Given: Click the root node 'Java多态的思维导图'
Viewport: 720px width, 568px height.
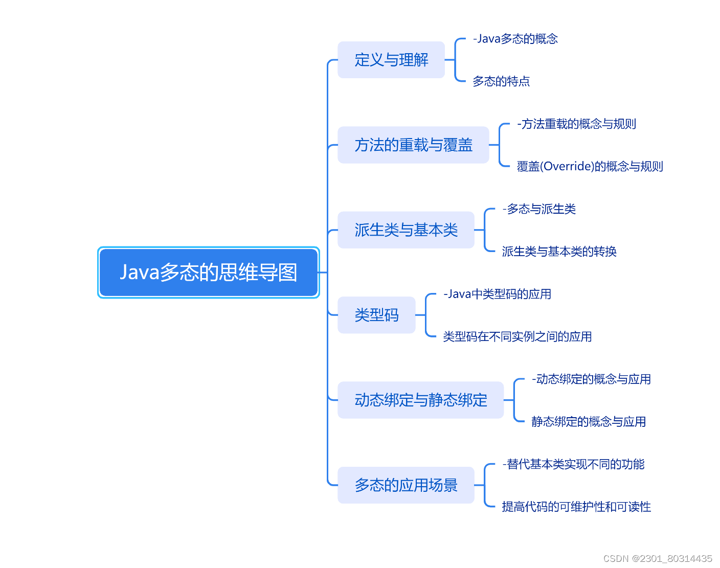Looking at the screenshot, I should (208, 272).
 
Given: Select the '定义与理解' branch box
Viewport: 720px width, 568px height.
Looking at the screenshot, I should (391, 60).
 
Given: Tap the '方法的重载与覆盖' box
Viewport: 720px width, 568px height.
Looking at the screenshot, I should (413, 145).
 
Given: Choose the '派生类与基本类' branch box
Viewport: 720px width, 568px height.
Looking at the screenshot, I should (406, 230).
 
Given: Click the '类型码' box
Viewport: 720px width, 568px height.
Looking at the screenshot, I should (376, 315).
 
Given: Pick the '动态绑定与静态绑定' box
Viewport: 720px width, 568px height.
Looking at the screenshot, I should (421, 400).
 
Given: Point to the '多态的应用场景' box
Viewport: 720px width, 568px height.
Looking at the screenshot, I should (406, 485).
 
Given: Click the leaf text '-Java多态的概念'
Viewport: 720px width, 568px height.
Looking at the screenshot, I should (515, 39).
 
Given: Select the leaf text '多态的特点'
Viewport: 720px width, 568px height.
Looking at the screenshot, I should (501, 81).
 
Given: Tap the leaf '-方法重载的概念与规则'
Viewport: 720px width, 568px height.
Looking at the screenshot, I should (576, 124).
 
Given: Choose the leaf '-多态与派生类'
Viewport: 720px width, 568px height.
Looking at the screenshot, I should (539, 209).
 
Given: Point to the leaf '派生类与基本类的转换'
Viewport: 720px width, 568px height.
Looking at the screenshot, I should (559, 252).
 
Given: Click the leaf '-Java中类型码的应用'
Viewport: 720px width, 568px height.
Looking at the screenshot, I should (497, 294).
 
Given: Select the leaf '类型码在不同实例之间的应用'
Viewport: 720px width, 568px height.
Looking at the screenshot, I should (517, 336).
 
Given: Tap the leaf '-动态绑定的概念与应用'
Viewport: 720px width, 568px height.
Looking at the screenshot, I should (591, 379).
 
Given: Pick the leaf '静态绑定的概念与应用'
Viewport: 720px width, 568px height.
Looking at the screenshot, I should (589, 422).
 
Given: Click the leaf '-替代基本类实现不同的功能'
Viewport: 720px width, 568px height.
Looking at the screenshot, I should (573, 464).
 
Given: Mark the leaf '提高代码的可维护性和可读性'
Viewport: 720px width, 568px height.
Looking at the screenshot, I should (576, 507).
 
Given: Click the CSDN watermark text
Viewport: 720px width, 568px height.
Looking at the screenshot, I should (658, 558).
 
